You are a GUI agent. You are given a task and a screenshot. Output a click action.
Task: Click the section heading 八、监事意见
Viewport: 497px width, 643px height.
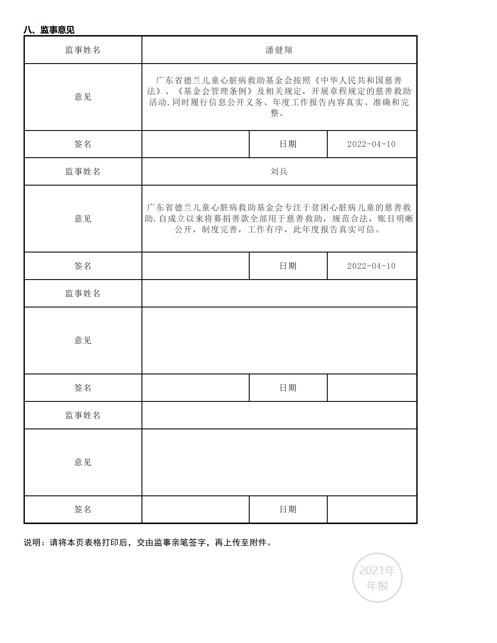coord(49,30)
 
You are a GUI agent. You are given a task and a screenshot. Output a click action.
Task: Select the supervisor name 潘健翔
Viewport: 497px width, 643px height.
coord(279,50)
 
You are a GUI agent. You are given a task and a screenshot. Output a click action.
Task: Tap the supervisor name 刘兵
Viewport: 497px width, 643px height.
coord(279,171)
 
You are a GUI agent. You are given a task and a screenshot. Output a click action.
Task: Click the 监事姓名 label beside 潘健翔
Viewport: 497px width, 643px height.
coord(83,50)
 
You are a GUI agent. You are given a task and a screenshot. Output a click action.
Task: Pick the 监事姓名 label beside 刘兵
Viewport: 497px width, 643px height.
coord(83,171)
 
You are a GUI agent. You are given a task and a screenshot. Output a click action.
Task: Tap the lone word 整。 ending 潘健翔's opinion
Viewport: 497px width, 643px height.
coord(277,113)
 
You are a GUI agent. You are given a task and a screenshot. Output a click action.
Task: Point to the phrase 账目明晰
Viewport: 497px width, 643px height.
coord(396,218)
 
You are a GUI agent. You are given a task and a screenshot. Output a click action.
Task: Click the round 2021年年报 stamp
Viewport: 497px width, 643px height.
coord(377,578)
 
